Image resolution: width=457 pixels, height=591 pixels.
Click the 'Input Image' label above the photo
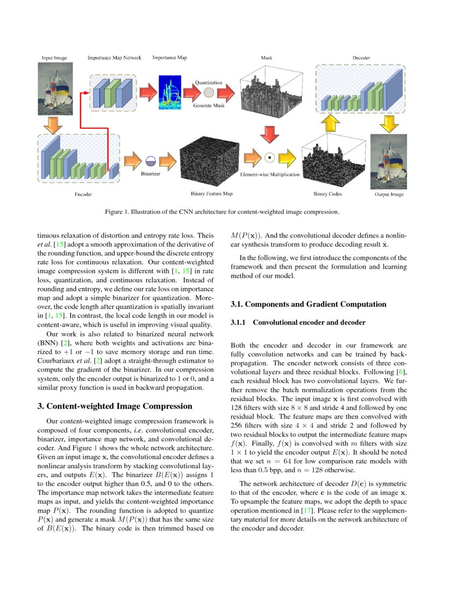55,57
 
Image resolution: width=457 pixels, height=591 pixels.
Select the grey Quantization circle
209,92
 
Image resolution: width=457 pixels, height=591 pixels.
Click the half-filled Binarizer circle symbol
151,160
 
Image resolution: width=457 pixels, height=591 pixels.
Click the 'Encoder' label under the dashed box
83,194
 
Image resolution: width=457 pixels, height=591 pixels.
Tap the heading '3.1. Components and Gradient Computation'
308,304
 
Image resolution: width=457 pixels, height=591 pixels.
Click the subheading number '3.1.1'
238,322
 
